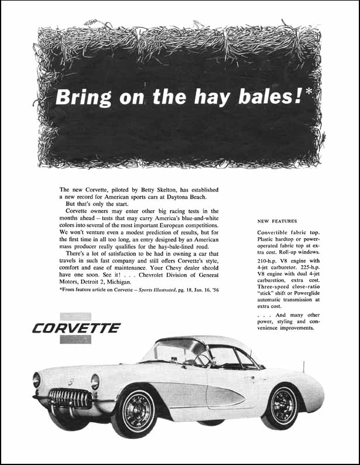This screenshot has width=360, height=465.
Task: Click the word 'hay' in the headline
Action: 218,97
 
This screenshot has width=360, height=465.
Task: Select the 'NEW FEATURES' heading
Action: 277,221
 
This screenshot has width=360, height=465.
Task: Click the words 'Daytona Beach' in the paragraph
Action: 193,197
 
